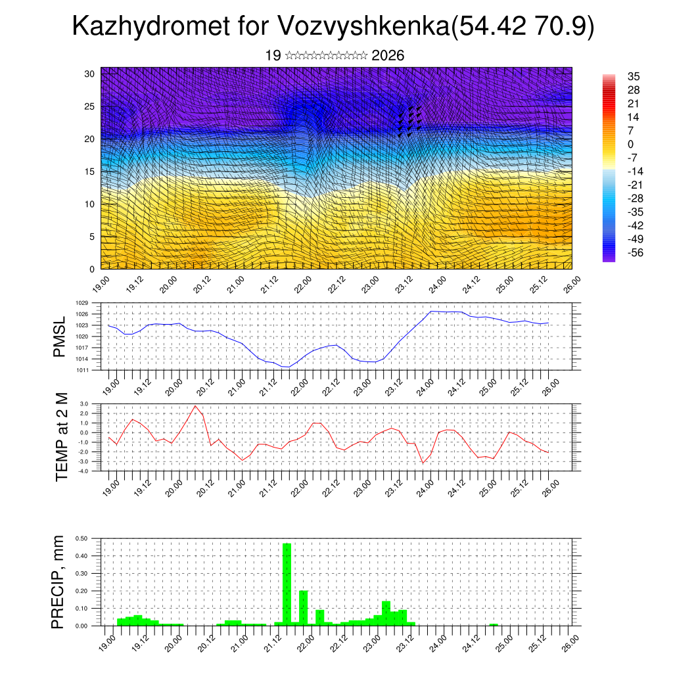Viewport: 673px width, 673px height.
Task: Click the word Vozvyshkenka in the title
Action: point(364,27)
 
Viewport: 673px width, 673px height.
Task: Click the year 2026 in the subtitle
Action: point(388,56)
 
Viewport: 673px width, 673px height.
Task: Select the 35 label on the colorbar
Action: point(634,77)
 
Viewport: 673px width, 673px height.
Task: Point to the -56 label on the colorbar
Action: point(636,253)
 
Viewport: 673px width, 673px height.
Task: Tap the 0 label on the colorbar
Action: point(631,145)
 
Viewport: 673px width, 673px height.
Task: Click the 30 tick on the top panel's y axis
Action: point(89,74)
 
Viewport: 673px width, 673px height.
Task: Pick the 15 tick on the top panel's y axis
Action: point(89,172)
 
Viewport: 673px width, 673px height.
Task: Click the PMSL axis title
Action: point(60,336)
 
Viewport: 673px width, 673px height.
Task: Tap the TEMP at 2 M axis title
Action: point(62,437)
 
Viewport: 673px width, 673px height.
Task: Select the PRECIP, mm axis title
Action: point(60,582)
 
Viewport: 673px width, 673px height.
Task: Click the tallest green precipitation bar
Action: point(287,584)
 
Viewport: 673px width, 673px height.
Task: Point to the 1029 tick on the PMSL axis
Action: point(81,303)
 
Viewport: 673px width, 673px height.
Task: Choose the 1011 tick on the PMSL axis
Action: point(81,370)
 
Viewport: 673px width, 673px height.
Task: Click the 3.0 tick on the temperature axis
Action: point(84,404)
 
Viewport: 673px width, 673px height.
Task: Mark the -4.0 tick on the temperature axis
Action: point(83,471)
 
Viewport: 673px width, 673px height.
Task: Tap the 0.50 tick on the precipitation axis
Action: point(81,538)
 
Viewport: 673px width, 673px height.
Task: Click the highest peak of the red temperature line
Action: point(195,406)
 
